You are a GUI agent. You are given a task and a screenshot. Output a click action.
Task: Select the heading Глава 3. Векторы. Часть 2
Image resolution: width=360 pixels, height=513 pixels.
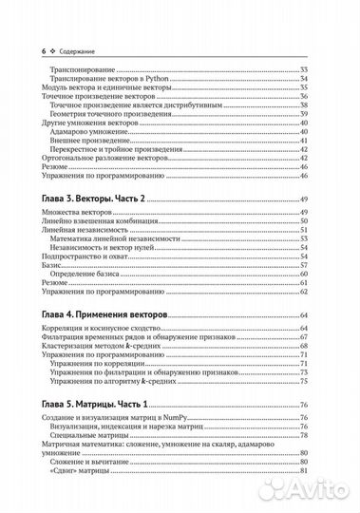[x=96, y=196]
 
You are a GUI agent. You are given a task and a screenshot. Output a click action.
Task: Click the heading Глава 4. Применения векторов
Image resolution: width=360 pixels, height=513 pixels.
[x=104, y=313]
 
